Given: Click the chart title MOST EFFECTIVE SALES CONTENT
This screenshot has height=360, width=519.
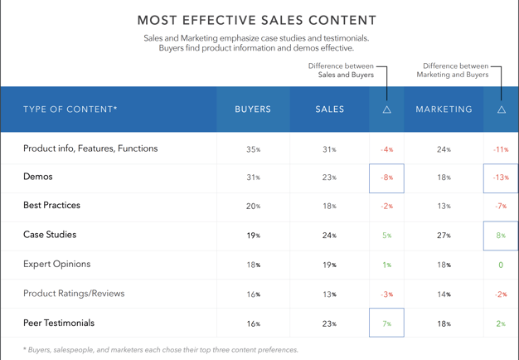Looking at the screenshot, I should [x=256, y=20].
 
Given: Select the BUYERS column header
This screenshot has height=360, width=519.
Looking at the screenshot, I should [x=253, y=109].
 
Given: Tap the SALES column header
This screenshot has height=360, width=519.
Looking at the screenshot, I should [x=329, y=109].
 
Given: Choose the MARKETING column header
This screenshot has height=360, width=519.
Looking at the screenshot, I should [x=444, y=109].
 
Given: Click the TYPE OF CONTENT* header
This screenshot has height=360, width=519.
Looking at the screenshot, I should [x=70, y=109].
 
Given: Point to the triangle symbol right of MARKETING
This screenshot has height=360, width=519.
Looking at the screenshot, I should [x=501, y=109].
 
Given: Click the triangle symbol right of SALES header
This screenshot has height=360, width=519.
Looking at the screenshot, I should [x=386, y=109].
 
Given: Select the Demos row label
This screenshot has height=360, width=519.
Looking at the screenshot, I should [x=38, y=177].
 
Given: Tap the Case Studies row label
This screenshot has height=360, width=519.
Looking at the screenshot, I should [x=50, y=235].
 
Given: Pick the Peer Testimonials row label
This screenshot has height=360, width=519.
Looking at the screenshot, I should [x=59, y=323].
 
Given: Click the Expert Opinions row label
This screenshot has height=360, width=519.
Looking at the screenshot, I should [x=57, y=264].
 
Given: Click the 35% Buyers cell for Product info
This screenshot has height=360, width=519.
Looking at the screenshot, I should [x=253, y=150].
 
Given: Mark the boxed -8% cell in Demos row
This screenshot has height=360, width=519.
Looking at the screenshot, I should [x=386, y=178].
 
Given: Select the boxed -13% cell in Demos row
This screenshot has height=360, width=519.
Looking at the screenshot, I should [x=501, y=178].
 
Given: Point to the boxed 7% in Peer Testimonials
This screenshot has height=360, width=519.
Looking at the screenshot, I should [x=386, y=324].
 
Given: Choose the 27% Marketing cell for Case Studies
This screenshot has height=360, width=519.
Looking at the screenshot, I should [x=444, y=236].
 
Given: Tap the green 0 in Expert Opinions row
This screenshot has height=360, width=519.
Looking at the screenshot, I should [x=501, y=265].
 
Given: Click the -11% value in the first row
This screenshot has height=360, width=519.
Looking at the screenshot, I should [x=501, y=150].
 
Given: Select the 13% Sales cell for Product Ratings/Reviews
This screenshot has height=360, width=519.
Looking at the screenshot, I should [x=329, y=294].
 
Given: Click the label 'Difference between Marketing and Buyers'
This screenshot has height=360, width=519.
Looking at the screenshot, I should [x=453, y=71].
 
